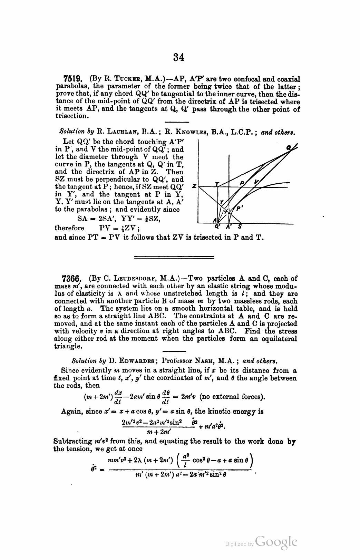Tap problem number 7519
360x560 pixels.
pos(71,79)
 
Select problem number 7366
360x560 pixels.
pos(71,278)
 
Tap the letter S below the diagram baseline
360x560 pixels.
pos(240,227)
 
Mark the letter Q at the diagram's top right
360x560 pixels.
pos(289,148)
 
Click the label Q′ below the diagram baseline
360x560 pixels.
pos(217,228)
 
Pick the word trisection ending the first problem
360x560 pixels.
pos(70,116)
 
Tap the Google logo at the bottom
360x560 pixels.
pos(276,542)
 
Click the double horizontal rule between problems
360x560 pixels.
pos(174,257)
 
